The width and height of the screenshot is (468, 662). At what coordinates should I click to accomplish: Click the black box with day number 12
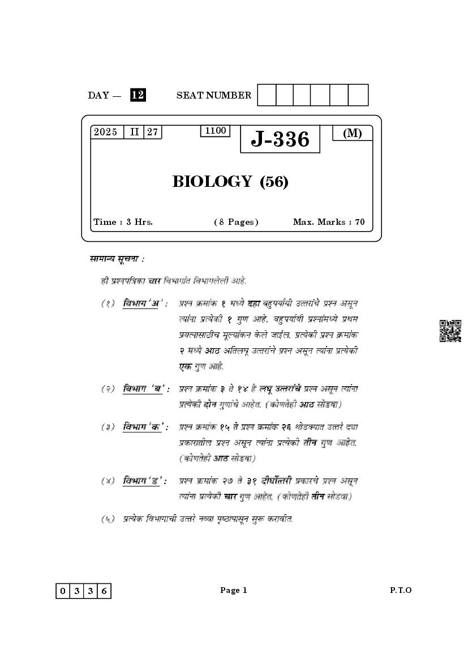[x=138, y=95]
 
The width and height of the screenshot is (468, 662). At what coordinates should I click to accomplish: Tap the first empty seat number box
[x=267, y=95]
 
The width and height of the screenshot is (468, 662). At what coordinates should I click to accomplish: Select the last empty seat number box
[x=358, y=95]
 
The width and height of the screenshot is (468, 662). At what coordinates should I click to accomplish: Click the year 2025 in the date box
[x=106, y=132]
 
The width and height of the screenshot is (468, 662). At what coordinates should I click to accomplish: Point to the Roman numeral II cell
[x=134, y=132]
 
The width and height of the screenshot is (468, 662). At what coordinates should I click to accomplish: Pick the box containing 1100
[x=215, y=131]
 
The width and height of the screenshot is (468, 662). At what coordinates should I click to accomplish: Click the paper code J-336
[x=280, y=139]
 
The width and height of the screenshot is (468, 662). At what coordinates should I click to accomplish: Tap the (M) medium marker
[x=352, y=133]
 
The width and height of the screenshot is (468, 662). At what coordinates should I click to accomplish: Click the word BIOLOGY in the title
[x=212, y=182]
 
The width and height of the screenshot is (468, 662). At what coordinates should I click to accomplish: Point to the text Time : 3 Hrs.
[x=123, y=222]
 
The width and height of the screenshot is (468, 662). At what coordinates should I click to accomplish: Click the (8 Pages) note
[x=236, y=222]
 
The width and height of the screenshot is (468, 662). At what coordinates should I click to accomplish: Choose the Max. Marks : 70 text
[x=329, y=222]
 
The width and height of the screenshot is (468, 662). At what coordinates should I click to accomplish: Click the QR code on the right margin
[x=450, y=331]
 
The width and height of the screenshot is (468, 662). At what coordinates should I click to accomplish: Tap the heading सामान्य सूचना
[x=117, y=259]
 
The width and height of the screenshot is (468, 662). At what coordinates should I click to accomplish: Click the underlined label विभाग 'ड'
[x=144, y=481]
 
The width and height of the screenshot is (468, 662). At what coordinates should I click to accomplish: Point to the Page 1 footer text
[x=234, y=590]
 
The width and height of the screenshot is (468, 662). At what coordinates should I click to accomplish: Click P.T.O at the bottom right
[x=401, y=590]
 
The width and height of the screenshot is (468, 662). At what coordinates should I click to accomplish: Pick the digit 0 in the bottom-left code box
[x=62, y=591]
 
